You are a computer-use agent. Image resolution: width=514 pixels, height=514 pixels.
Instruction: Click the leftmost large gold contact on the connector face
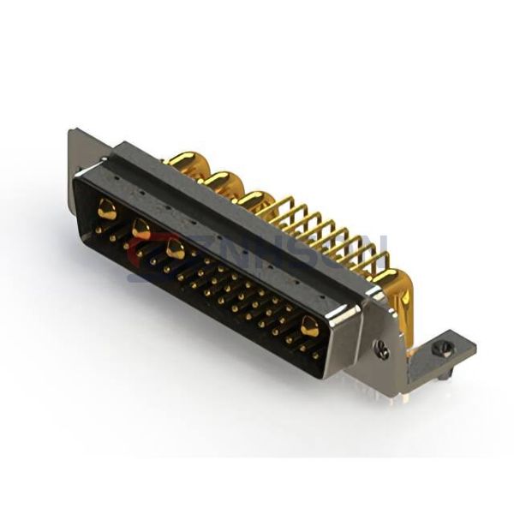[107, 209]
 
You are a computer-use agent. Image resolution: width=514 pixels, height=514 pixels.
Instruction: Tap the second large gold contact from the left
[141, 229]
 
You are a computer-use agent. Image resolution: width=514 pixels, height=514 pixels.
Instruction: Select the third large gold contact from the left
[176, 248]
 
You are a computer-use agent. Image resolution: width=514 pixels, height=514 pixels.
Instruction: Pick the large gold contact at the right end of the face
[309, 326]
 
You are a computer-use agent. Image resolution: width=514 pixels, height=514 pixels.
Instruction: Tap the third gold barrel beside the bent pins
[255, 201]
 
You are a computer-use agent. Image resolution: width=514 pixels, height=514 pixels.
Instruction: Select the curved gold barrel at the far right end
[396, 290]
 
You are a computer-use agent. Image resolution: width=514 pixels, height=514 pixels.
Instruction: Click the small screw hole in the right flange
[383, 350]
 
